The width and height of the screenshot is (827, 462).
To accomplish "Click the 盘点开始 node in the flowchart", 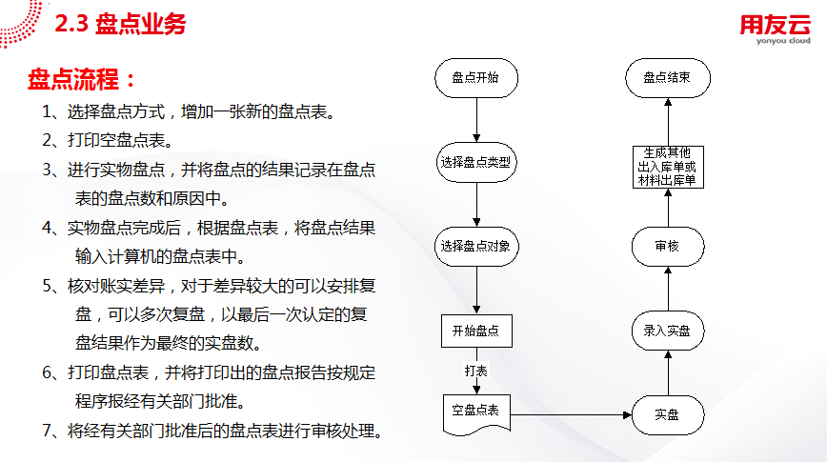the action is point(476,78).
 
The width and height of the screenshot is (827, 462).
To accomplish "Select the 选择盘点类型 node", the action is point(476,163).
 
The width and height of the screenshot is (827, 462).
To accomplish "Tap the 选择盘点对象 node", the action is point(476,247).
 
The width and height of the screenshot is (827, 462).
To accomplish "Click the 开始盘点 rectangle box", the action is point(476,331).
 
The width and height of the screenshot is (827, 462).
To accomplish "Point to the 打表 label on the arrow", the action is point(475,371).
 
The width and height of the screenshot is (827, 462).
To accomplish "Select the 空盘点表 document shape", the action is point(476,415).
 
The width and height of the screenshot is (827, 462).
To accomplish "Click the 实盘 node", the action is point(668,415).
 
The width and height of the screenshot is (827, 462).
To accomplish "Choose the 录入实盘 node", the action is point(668,331).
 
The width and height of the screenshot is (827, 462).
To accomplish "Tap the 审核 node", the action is point(668,247).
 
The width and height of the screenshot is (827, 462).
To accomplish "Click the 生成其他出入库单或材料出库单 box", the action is point(668,167).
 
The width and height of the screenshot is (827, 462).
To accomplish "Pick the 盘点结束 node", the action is point(668,78).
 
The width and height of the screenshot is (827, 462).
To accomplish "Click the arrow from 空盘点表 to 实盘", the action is point(572,415).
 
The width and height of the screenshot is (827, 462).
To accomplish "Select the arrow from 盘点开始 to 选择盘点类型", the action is point(476,120).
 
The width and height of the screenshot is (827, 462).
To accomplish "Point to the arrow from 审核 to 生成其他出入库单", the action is point(668,208).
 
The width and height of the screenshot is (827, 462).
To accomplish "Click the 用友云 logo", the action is point(775,25).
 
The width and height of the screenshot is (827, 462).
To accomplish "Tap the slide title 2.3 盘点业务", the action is point(120,24).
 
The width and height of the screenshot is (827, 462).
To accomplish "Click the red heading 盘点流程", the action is point(81,80).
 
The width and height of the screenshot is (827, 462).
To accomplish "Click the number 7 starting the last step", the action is point(48,431).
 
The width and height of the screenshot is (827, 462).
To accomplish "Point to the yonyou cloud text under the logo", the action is point(783,41).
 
